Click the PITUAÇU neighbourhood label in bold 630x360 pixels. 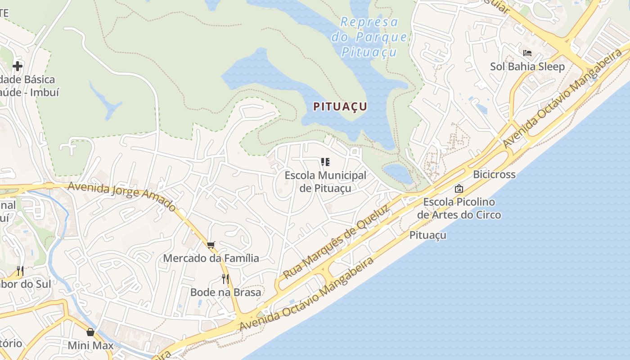click(x=340, y=107)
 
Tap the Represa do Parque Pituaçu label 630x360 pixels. click(x=369, y=37)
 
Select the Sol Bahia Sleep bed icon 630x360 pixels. click(x=527, y=53)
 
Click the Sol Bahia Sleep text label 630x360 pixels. click(x=527, y=67)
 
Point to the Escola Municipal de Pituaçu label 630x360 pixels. click(x=325, y=181)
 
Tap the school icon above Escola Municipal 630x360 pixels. click(x=325, y=162)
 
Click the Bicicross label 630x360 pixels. click(x=494, y=175)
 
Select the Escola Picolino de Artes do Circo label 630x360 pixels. click(x=459, y=208)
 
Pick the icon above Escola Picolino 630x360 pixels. click(x=459, y=189)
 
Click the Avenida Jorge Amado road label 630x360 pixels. click(x=122, y=196)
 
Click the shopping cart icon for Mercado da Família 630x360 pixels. click(x=211, y=245)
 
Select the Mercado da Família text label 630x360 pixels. click(x=211, y=258)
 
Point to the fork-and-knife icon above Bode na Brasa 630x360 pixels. click(x=225, y=279)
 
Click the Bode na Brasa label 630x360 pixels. click(x=225, y=292)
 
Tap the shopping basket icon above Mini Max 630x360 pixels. click(x=90, y=332)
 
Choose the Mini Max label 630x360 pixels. click(x=90, y=346)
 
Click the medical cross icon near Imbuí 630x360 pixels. click(x=18, y=66)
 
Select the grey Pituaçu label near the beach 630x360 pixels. click(x=427, y=235)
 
